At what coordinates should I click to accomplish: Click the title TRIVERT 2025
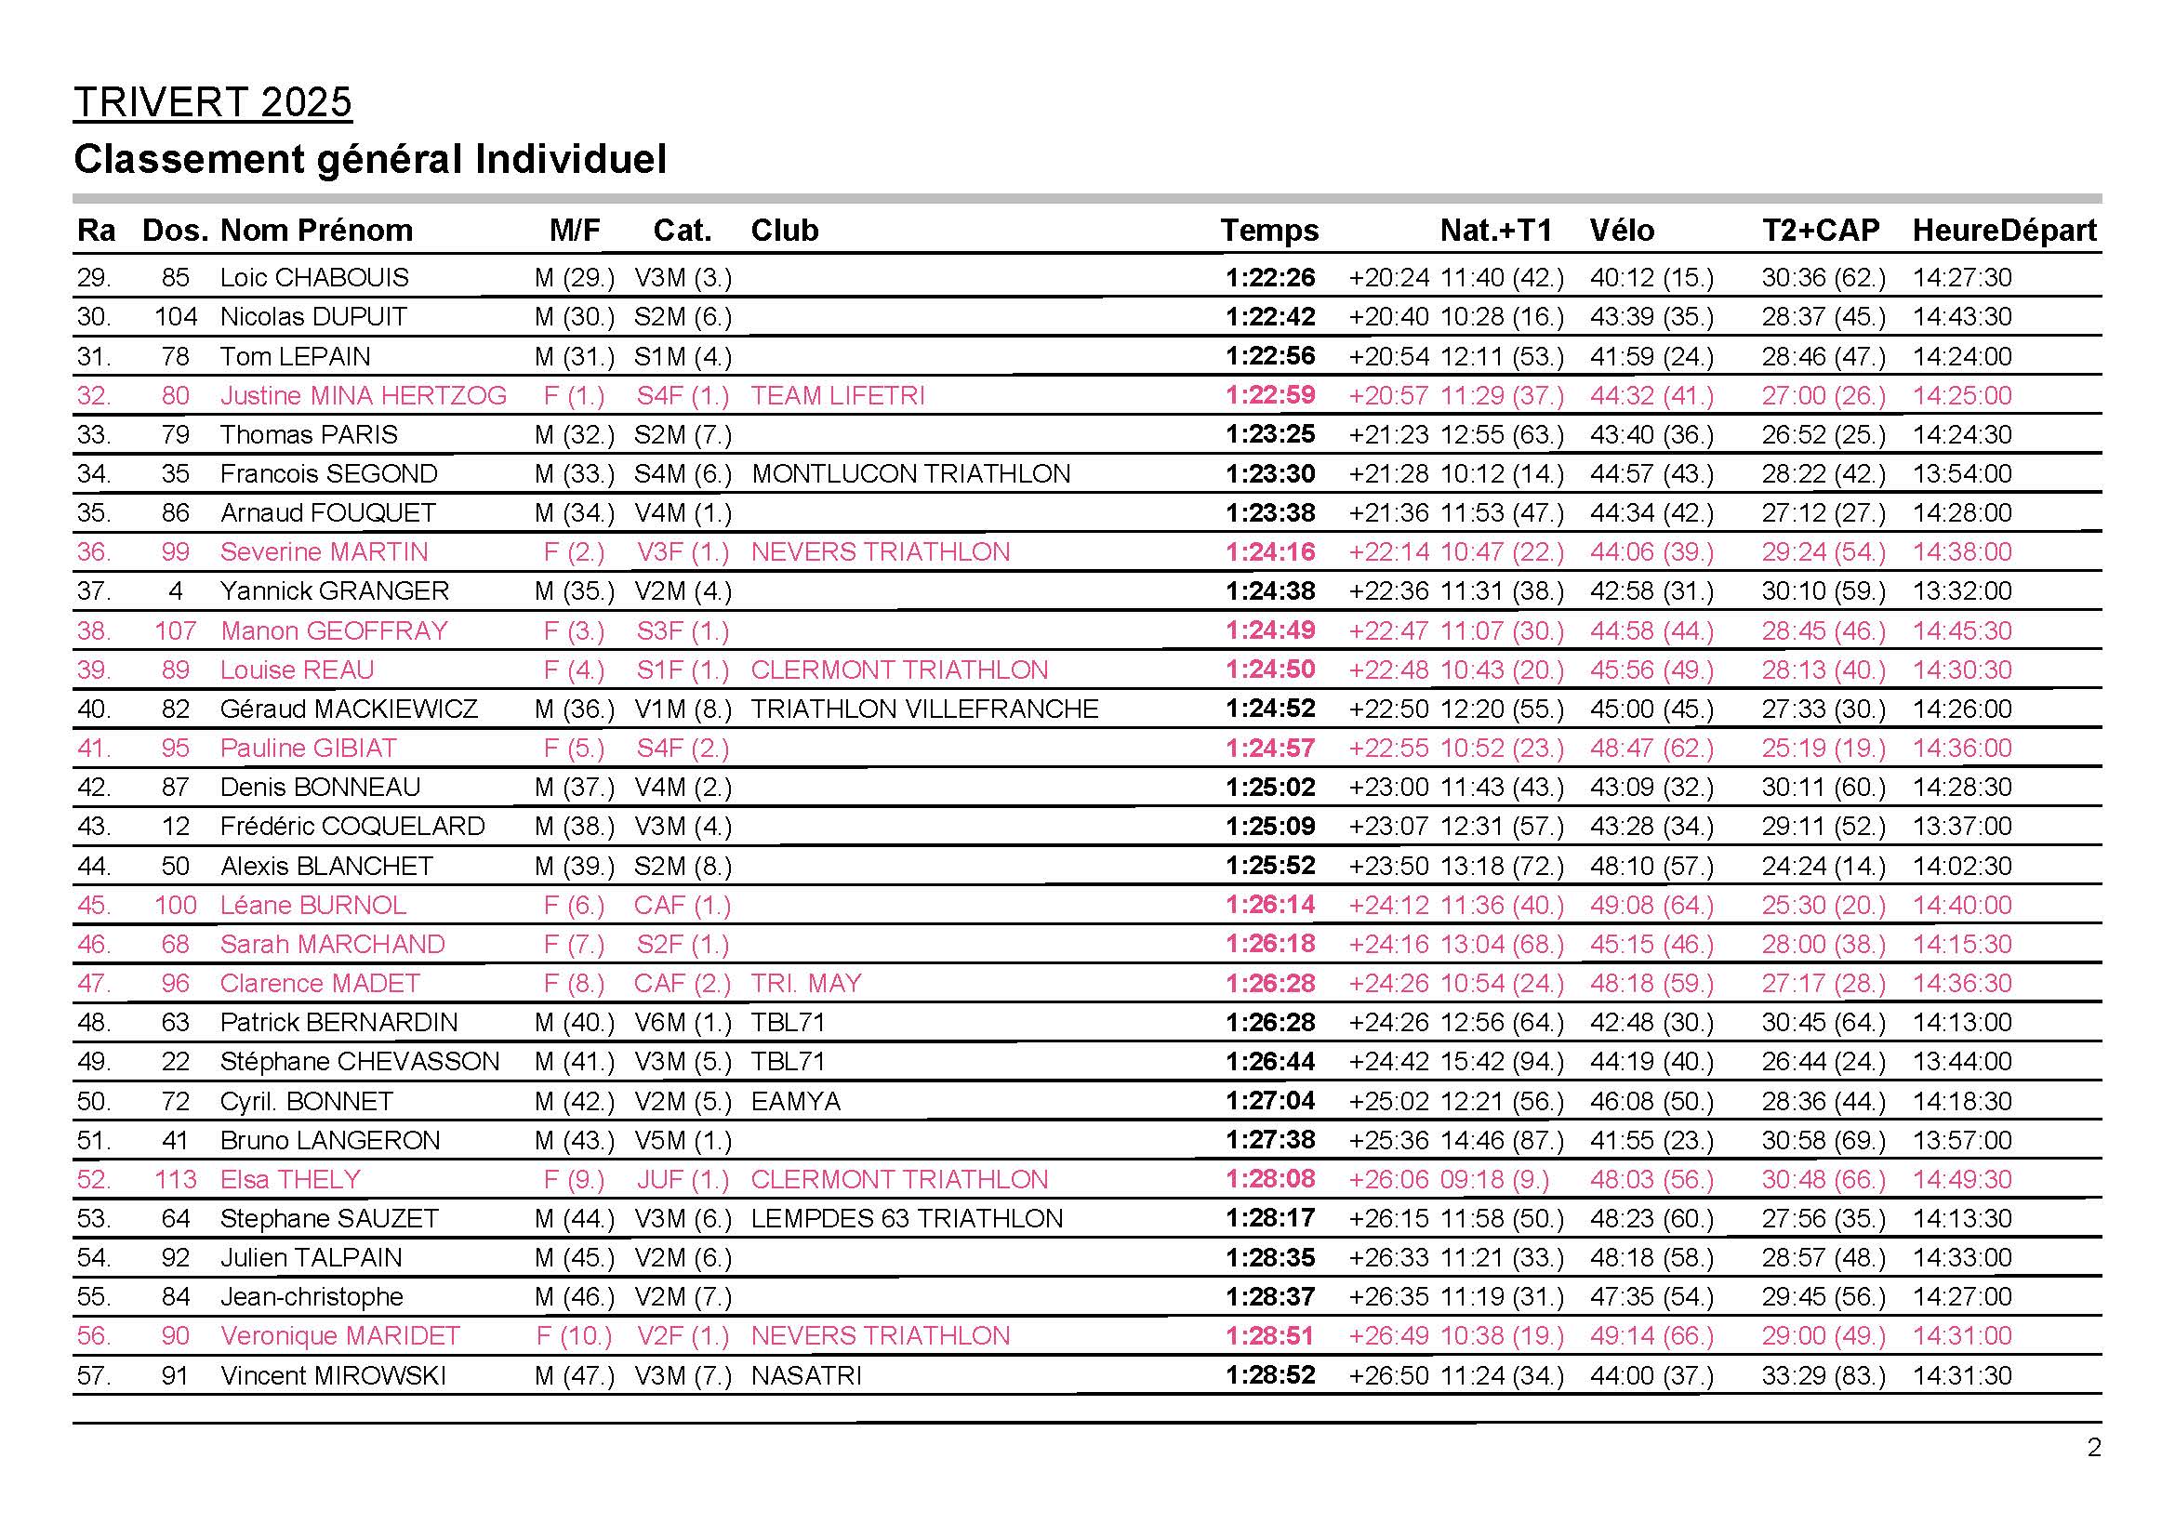coord(212,102)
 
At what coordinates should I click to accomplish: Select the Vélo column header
coord(1622,230)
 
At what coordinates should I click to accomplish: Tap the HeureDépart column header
coord(2005,230)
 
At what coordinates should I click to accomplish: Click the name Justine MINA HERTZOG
coord(363,396)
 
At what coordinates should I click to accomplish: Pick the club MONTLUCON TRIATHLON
coord(910,473)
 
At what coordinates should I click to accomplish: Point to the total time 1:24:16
coord(1270,552)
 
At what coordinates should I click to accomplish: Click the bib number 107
coord(175,630)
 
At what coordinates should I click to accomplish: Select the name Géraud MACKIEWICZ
coord(349,709)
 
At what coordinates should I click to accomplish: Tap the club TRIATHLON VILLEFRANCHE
coord(924,709)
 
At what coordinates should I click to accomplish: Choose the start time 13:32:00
coord(1962,591)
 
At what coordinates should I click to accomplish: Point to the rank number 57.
coord(94,1375)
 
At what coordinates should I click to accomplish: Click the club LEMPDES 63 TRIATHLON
coord(907,1219)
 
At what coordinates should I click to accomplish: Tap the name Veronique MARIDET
coord(340,1336)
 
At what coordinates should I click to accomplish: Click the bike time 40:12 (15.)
coord(1652,277)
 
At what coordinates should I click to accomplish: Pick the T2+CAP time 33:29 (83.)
coord(1824,1375)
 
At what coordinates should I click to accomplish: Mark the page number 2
coord(2093,1448)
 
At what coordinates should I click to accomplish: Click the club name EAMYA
coord(796,1101)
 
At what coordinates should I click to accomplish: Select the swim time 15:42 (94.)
coord(1503,1062)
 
